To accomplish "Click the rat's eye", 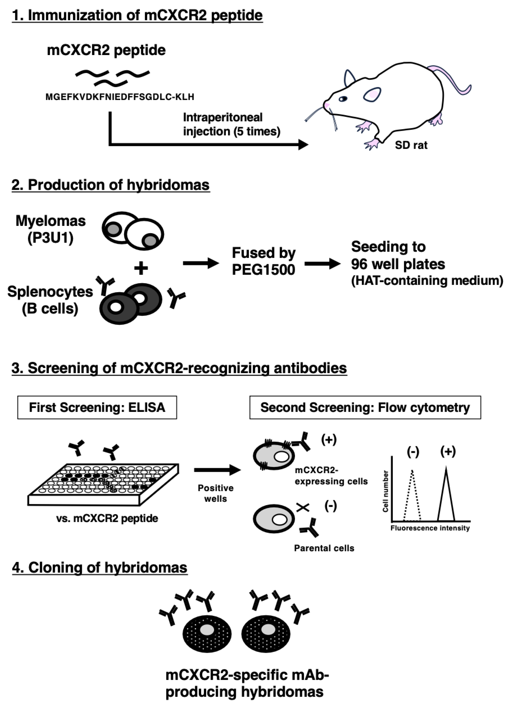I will coord(343,99).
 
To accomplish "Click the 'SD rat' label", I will coord(411,145).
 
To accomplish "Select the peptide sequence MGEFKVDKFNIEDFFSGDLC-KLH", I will coord(120,97).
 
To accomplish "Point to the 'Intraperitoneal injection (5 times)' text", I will coord(231,125).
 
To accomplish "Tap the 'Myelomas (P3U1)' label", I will coord(51,230).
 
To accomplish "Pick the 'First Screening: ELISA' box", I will coord(97,407).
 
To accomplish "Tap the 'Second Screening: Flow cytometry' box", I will coord(365,407).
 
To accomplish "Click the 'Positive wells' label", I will coord(215,493).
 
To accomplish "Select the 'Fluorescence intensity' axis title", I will coord(430,528).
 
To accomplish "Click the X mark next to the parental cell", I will coord(302,508).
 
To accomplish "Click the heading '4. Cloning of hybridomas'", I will coord(100,568).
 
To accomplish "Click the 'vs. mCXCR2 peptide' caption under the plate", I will coord(107,518).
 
